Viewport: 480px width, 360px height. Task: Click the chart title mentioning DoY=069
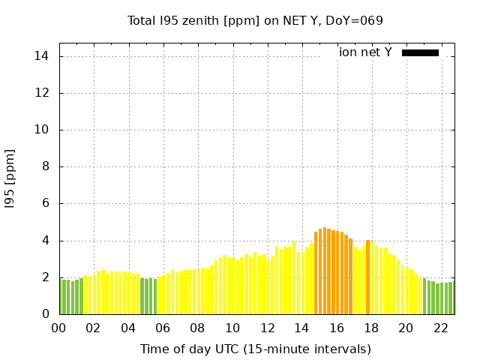[255, 20]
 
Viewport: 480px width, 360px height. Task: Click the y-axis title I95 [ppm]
[10, 179]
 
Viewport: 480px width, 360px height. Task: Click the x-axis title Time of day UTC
[255, 349]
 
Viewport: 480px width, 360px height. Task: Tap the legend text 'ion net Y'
[365, 52]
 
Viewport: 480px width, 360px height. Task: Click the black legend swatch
[420, 52]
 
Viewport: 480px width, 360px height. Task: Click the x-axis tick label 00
[58, 328]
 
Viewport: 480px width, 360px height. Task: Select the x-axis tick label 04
[128, 328]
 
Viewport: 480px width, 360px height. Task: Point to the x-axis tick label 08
[197, 328]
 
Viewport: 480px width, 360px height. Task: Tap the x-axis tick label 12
[267, 328]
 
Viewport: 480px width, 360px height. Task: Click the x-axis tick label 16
[337, 328]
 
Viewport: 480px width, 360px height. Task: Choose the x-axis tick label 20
[406, 328]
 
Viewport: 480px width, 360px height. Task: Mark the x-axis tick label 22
[441, 328]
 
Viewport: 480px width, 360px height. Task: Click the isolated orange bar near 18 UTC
[367, 277]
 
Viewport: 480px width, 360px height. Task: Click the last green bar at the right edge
[451, 298]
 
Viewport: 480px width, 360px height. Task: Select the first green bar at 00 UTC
[61, 297]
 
